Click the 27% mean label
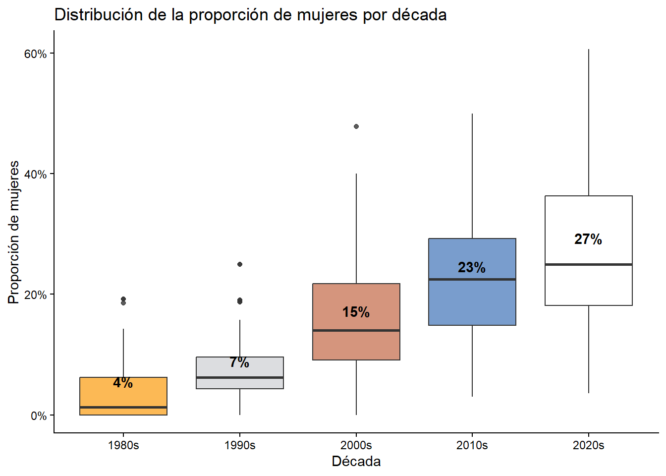(588, 239)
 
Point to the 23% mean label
(472, 268)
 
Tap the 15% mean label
(356, 312)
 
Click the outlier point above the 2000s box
(356, 126)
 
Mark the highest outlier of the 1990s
(240, 264)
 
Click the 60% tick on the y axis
(35, 54)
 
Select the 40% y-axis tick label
(35, 175)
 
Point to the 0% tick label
(38, 416)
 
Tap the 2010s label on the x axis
(472, 445)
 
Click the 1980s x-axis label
(123, 445)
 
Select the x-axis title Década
(356, 462)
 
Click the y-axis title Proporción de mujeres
(14, 232)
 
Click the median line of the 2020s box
(588, 264)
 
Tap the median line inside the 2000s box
(356, 330)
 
